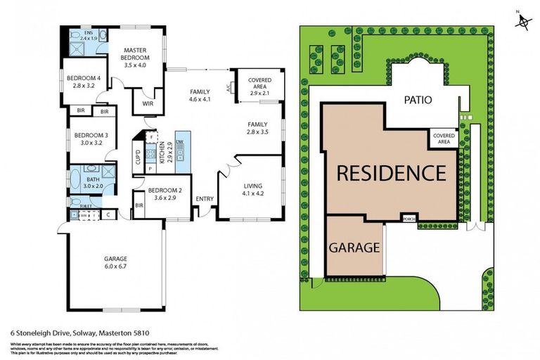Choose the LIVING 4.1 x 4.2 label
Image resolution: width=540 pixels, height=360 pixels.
click(251, 188)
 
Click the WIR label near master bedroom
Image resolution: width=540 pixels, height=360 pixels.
click(148, 103)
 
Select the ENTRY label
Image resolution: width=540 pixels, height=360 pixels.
click(205, 199)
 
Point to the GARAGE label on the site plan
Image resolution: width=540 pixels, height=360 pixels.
click(355, 247)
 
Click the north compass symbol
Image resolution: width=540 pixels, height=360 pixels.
click(522, 21)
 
